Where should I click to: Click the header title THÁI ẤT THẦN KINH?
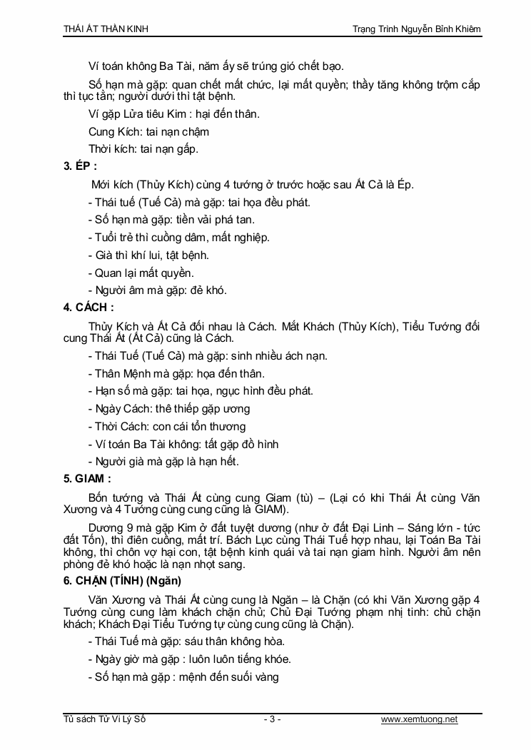click(106, 29)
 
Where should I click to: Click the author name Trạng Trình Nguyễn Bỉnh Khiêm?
click(416, 29)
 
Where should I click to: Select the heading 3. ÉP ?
click(81, 167)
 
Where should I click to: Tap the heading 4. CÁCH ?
click(88, 308)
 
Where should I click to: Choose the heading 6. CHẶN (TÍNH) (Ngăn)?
click(122, 580)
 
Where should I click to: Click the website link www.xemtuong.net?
click(419, 719)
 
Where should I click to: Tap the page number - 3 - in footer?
click(272, 719)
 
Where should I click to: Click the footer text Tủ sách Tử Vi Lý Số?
click(104, 719)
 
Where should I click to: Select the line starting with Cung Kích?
click(148, 132)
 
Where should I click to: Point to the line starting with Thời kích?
click(143, 149)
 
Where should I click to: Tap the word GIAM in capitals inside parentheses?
click(267, 510)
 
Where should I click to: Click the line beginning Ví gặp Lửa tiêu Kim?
click(174, 114)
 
